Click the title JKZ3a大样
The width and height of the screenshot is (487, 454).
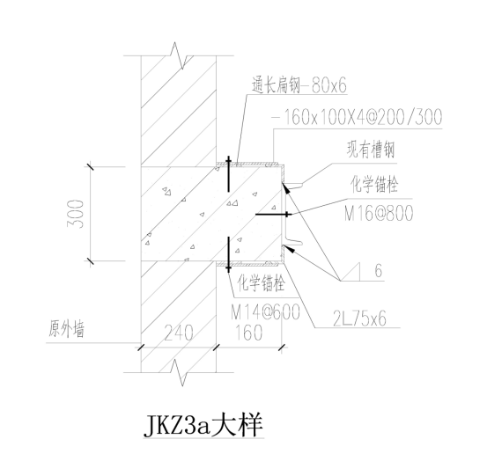coord(203,425)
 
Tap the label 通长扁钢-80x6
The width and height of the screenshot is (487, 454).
coord(299,84)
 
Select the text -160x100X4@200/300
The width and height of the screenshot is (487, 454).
coord(357,117)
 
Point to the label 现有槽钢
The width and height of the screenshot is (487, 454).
coord(371,150)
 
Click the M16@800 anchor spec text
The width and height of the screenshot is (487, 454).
coord(379,213)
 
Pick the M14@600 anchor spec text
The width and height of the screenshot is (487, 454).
coord(266,311)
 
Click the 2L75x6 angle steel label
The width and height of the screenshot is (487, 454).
coord(359,319)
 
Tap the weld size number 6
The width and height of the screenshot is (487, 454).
coord(379,270)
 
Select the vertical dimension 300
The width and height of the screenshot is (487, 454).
coord(76,214)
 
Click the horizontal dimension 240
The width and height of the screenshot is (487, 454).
coord(178,333)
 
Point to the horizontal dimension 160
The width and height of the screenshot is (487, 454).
coord(248,333)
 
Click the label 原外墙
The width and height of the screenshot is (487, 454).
coord(66,329)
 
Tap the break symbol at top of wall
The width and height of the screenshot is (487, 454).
coord(179,55)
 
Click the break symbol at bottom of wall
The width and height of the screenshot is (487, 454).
coord(180,372)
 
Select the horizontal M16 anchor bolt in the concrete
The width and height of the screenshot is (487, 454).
coord(273,214)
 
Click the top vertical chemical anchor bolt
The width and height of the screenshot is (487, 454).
coord(229,174)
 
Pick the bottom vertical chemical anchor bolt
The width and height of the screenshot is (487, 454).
coord(229,254)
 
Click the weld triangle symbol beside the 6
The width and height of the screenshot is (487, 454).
coord(351,272)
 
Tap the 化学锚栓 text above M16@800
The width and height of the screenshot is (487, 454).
coord(374,185)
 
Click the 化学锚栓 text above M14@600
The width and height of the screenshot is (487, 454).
coord(261,283)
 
